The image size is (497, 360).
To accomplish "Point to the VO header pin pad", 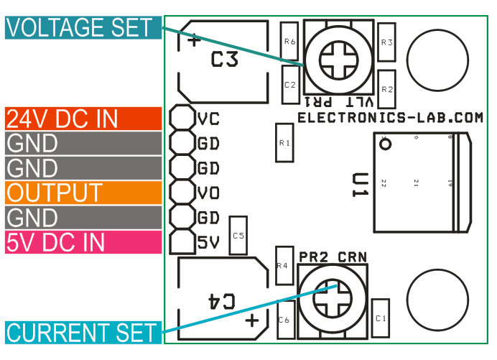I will tap(182, 193).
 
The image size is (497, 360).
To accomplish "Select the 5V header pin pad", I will tap(182, 242).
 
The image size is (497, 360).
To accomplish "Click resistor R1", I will tap(284, 143).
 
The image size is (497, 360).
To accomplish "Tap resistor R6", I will tap(289, 42).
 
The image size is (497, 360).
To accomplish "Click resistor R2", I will tap(386, 90).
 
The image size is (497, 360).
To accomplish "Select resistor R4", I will tap(283, 266).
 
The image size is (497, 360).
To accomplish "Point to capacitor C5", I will tap(238, 236).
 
